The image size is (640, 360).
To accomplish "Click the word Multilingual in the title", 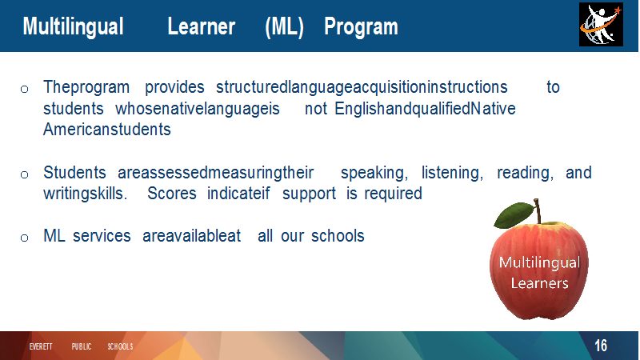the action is (73, 27).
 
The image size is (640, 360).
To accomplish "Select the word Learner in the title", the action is (202, 27).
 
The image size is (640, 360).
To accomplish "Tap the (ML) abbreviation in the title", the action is (284, 27).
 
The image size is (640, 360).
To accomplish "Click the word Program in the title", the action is (361, 28).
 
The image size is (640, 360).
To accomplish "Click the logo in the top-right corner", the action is (601, 25).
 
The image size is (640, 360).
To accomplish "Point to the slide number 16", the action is (601, 346).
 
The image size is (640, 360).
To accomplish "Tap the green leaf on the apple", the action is (513, 214).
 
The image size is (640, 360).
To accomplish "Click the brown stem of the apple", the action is (538, 210).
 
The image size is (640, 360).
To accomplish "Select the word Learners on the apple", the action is (539, 283).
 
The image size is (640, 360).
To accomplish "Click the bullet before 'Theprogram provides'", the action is (24, 89).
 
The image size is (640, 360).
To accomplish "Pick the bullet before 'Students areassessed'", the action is (24, 174).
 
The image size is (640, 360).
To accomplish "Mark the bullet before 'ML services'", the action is (24, 238).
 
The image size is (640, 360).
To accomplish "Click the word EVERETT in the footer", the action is (41, 346).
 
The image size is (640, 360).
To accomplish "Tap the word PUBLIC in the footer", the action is (82, 346).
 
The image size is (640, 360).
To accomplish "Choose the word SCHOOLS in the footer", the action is (120, 346).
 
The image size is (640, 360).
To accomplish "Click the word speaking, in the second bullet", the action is (374, 173).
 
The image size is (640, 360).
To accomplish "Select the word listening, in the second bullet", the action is (452, 173).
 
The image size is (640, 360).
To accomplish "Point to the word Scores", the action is (172, 194).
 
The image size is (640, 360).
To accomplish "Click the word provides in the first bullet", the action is (174, 88).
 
